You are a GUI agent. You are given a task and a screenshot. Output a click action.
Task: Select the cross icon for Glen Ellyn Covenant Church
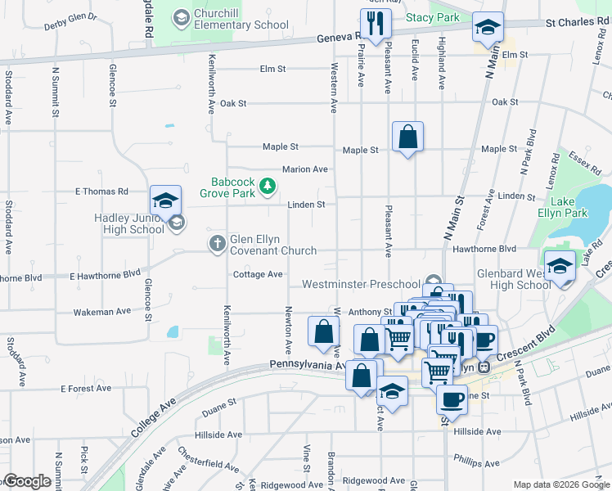(x=217, y=243)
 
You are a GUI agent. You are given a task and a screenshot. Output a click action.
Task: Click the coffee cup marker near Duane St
(x=451, y=399)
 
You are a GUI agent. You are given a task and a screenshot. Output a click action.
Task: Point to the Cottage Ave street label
(x=258, y=274)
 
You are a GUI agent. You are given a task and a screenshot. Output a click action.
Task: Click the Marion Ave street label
(x=304, y=169)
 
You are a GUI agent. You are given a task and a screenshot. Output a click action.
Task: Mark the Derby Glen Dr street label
(x=70, y=16)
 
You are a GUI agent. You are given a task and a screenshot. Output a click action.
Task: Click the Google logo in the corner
(x=27, y=480)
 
